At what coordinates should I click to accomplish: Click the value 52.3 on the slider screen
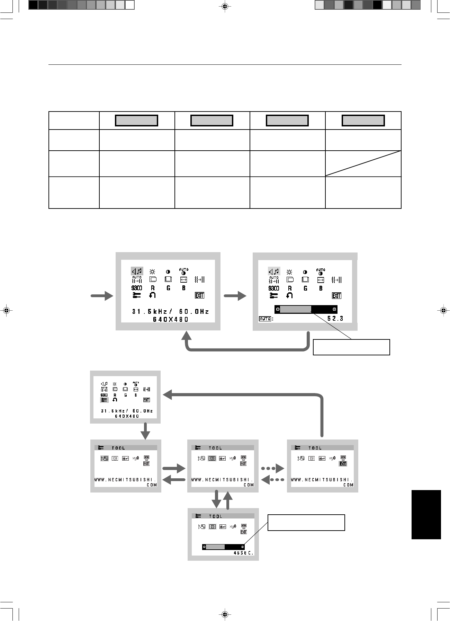click(335, 318)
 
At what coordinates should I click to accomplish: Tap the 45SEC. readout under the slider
click(244, 553)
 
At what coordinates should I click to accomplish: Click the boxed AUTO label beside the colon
click(265, 319)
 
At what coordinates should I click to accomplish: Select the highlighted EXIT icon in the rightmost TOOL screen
click(343, 464)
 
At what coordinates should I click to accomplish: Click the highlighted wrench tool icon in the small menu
click(104, 400)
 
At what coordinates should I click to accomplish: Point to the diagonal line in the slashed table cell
click(363, 163)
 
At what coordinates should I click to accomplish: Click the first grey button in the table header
click(136, 121)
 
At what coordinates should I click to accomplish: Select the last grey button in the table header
click(363, 121)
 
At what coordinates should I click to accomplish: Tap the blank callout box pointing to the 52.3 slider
click(351, 347)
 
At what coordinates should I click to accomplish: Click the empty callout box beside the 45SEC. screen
click(306, 523)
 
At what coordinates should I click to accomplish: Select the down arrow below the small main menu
click(146, 431)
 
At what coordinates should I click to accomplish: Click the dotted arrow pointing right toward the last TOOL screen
click(273, 469)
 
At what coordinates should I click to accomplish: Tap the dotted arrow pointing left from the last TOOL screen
click(273, 480)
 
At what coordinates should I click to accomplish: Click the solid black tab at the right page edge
click(426, 514)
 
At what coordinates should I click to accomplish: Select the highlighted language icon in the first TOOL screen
click(104, 459)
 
